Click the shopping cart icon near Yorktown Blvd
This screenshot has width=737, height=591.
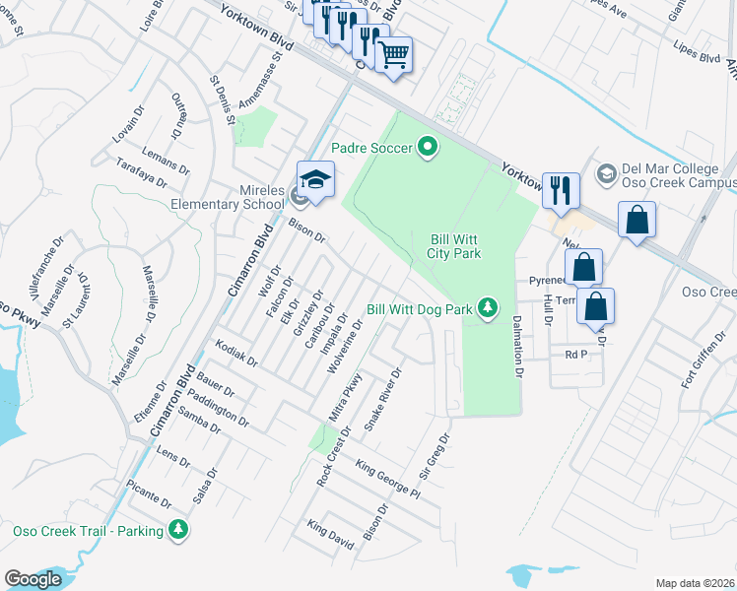[394, 54]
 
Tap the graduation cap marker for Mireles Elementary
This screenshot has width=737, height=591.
[315, 181]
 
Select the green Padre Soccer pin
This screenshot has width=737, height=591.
[428, 148]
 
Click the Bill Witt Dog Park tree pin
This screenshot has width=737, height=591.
[487, 308]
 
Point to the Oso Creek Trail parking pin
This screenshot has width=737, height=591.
[178, 530]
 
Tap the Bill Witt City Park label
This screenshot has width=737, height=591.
[454, 246]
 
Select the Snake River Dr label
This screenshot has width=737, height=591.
[384, 399]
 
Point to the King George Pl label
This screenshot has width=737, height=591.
[387, 480]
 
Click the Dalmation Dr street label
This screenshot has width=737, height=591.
[516, 346]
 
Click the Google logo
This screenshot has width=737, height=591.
[33, 579]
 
